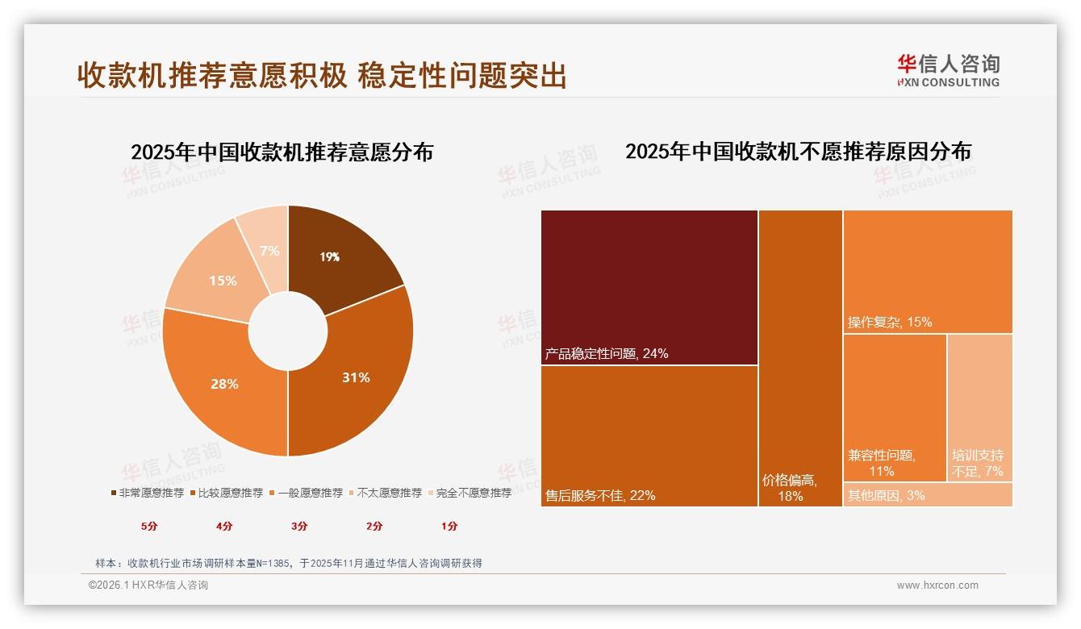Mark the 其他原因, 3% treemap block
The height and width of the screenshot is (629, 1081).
coord(928,494)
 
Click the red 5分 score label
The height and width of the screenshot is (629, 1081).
coord(149,526)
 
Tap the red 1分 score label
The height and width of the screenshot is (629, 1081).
coord(449,526)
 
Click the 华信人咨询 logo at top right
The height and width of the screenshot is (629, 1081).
coord(948,70)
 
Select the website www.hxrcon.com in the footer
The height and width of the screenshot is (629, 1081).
coord(937,585)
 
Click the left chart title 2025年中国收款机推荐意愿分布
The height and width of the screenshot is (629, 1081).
coord(282,152)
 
